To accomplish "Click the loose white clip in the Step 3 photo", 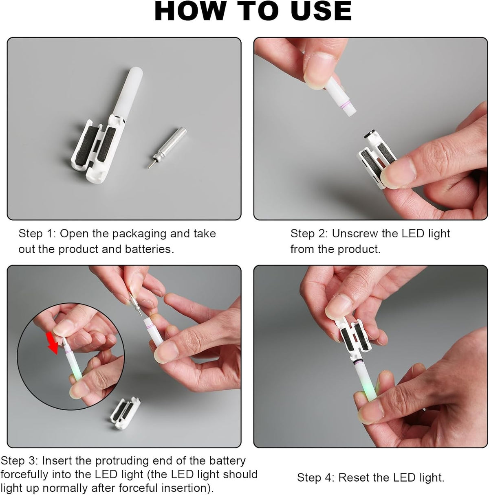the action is (x=125, y=413).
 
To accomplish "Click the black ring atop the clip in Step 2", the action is (x=370, y=134).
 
